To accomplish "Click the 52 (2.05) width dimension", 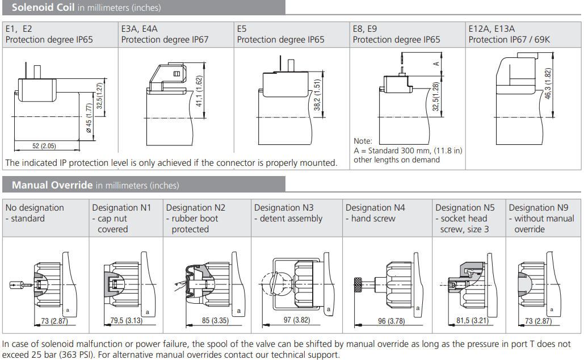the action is [x=44, y=146].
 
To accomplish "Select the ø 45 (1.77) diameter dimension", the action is [x=89, y=118].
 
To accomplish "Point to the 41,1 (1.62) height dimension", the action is [x=199, y=91].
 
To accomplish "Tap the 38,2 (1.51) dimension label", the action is [x=317, y=95].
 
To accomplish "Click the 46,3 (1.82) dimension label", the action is [x=548, y=83].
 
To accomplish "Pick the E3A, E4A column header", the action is [x=139, y=29].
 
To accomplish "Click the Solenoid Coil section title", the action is [x=43, y=7].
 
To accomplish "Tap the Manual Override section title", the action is [x=52, y=185].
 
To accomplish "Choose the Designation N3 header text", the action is [x=284, y=208].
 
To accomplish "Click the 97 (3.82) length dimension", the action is [x=296, y=320].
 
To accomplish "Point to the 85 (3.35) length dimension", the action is [x=215, y=320].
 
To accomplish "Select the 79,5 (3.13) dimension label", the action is [x=126, y=320].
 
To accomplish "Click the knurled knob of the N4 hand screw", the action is [x=359, y=285].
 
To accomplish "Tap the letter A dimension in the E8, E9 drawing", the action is [x=436, y=64].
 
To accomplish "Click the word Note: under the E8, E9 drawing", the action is [x=363, y=141].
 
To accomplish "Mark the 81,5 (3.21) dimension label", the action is [x=472, y=320].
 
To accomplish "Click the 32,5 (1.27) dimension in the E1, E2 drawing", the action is [x=99, y=96].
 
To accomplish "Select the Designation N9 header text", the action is [x=539, y=208].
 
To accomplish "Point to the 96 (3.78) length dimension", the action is [x=392, y=321].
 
